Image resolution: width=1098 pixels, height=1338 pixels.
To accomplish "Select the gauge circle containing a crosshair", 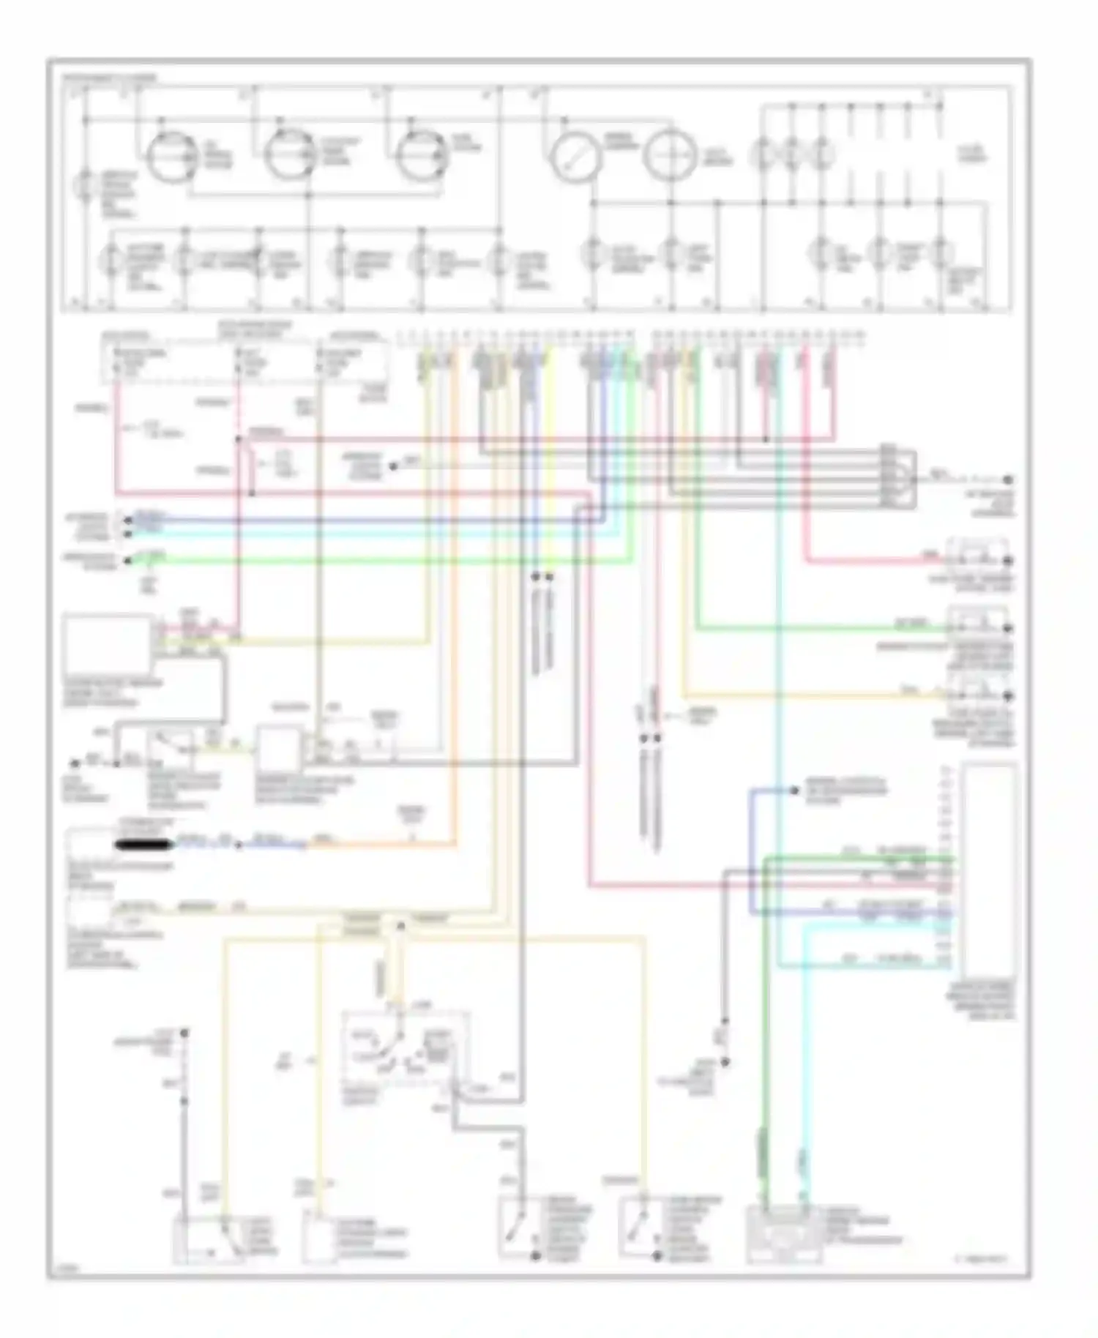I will [x=670, y=155].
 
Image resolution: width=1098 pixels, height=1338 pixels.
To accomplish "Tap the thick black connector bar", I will [x=143, y=845].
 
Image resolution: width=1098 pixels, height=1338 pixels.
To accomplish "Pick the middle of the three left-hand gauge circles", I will [x=289, y=154].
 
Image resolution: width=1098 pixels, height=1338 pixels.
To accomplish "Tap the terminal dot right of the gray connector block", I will [x=1008, y=479].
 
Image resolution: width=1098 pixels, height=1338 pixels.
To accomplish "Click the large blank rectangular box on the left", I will [x=108, y=645].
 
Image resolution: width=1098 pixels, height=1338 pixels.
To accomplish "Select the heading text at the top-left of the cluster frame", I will [x=109, y=77].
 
